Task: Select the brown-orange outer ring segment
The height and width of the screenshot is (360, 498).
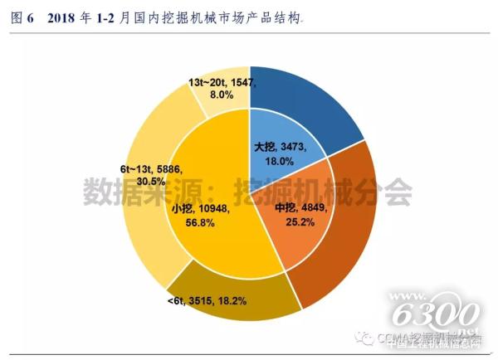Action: (x=349, y=232)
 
